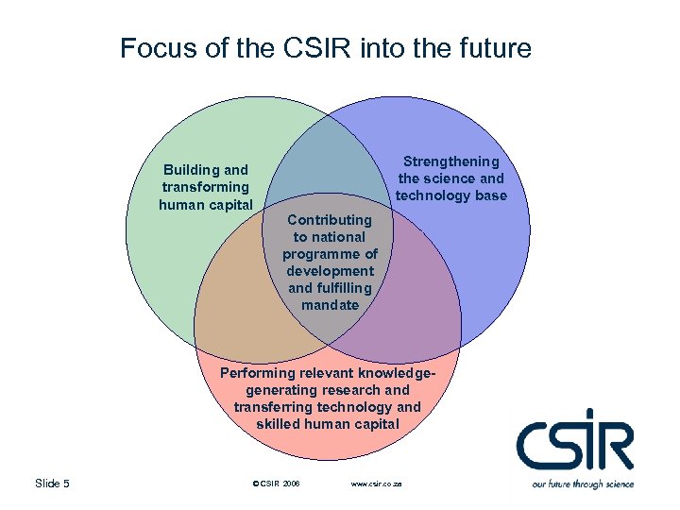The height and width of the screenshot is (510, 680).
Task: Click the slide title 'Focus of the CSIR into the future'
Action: [326, 48]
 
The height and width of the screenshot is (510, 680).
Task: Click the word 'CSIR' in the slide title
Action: [313, 48]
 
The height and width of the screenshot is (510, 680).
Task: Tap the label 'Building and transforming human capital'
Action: [205, 187]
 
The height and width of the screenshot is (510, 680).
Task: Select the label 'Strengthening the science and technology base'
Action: [450, 178]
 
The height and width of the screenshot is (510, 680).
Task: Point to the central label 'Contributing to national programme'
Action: [330, 262]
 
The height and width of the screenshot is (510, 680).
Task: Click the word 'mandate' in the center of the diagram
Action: [330, 305]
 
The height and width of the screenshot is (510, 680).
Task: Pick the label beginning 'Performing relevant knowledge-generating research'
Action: [328, 399]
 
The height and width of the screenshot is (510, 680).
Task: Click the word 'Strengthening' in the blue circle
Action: [450, 161]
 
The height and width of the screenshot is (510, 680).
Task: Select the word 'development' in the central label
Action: [330, 271]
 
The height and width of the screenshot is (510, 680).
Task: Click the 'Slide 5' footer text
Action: [52, 484]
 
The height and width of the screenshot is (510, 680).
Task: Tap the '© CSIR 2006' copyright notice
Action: [277, 484]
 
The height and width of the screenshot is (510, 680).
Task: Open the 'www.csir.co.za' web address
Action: [376, 484]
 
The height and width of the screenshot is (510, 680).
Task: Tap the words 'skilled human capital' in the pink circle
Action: [328, 424]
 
